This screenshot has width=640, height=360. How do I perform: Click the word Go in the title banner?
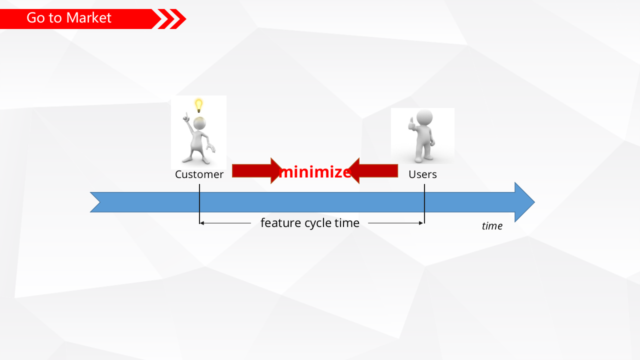tap(36, 18)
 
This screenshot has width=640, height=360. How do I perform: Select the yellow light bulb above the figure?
tap(198, 105)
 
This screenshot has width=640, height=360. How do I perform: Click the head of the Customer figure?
tap(200, 123)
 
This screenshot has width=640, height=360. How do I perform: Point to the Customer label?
tap(199, 174)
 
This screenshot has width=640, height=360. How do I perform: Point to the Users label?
tap(422, 174)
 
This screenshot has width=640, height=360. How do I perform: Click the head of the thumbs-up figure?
tap(424, 118)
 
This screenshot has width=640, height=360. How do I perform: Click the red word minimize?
tap(315, 172)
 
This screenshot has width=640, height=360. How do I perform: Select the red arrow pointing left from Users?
tap(374, 171)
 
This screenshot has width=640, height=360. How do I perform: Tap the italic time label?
tap(492, 226)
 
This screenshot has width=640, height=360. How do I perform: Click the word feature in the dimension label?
tap(280, 223)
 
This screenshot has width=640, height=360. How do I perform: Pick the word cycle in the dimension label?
tap(318, 223)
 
